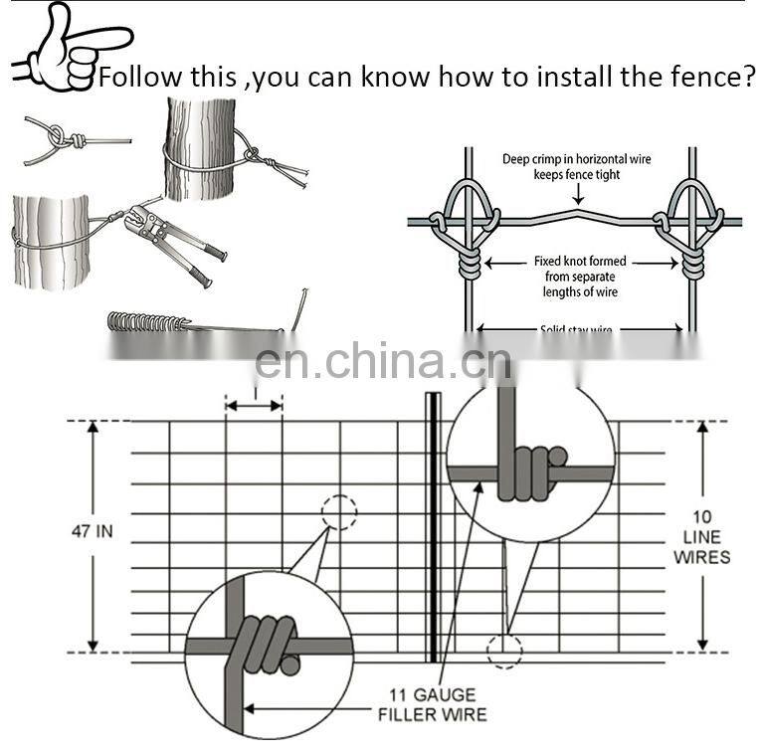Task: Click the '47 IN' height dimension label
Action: coord(91,531)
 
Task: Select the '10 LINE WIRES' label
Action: coord(701,536)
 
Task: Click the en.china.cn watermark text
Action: coord(383,362)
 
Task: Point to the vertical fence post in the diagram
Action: coord(433,527)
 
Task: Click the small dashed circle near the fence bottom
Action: coord(503,650)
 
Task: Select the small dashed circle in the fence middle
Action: coord(338,512)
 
